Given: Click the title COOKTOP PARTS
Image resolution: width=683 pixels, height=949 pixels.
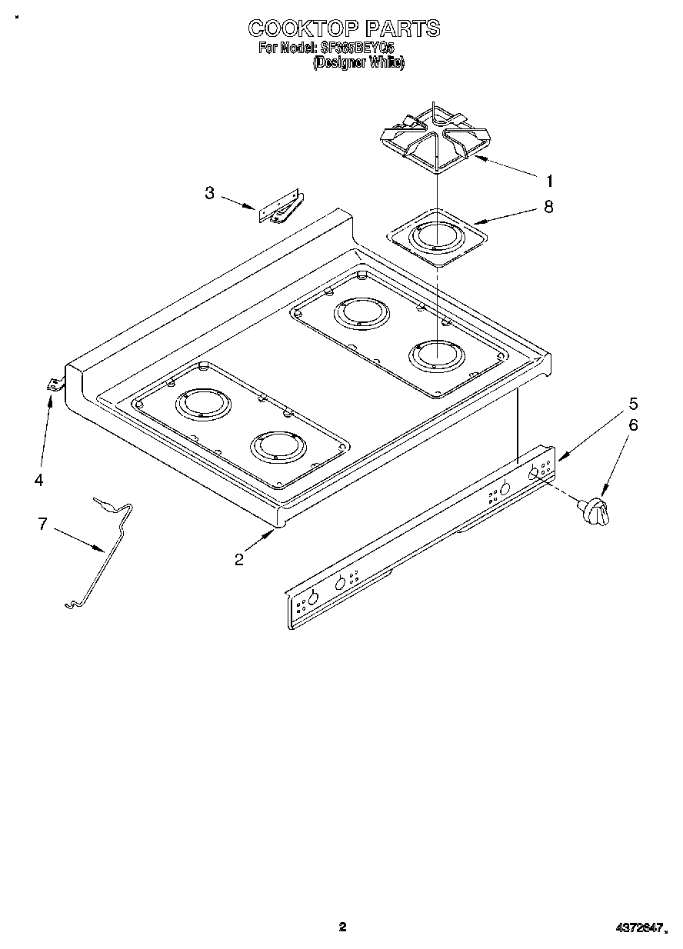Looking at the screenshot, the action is (x=344, y=29).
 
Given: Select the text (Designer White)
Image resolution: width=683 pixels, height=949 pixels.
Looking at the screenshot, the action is (x=358, y=65).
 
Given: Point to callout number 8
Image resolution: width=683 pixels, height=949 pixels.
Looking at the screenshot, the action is (x=548, y=207).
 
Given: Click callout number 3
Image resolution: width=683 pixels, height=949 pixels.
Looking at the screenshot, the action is (x=209, y=193).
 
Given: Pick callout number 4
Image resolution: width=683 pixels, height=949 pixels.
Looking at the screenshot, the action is (x=38, y=480).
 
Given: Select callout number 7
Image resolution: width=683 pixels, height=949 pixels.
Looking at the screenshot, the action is (x=42, y=524).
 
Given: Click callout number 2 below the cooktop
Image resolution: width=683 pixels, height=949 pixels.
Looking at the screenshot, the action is (x=239, y=559).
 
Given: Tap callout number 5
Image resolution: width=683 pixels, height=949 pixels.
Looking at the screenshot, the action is (x=633, y=403).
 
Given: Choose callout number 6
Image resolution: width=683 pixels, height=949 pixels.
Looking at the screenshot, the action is (x=633, y=425).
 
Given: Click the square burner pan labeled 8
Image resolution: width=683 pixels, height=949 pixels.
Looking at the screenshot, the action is (x=437, y=236).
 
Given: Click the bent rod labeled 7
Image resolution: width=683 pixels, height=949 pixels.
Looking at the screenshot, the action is (x=104, y=554).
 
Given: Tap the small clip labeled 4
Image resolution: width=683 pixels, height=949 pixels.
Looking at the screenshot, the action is (x=54, y=385).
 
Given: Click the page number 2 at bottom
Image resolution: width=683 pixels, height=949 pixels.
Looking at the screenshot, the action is (x=343, y=927).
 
